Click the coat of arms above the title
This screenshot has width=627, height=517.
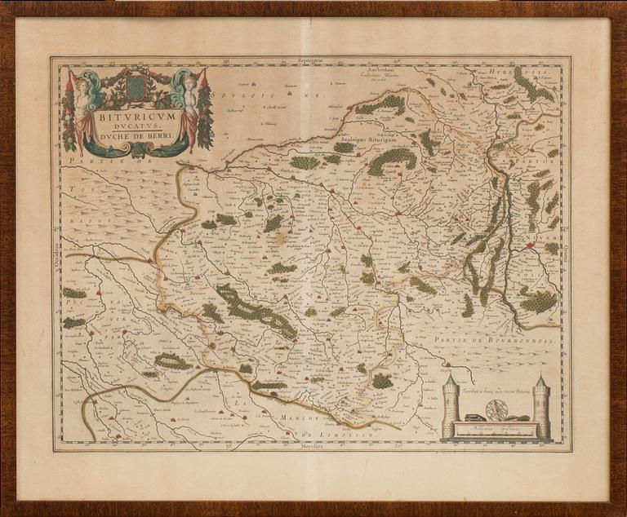136,86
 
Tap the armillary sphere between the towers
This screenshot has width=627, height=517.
496,409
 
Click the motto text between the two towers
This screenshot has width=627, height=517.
496,393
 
